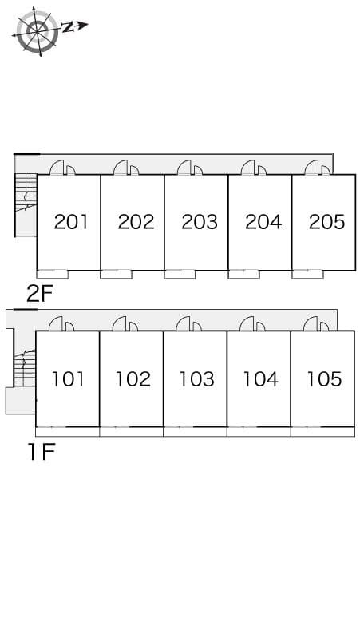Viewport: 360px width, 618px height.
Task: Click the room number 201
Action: point(71,221)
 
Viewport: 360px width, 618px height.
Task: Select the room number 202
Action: point(135,221)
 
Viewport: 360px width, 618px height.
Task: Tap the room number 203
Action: point(199,221)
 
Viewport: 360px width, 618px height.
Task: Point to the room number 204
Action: point(263,221)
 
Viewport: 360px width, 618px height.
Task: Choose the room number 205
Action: point(326,221)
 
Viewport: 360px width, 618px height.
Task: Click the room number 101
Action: point(69,378)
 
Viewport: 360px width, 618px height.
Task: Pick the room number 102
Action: point(133,378)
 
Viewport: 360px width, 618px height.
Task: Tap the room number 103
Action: point(196,378)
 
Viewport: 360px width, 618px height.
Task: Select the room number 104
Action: point(260,378)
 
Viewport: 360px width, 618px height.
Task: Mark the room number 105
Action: point(324,378)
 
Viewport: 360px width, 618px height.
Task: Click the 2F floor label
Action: point(39,294)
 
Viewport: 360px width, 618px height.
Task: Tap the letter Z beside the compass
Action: point(69,26)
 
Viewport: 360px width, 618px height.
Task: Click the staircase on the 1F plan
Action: point(26,368)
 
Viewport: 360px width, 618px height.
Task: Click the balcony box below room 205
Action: point(307,275)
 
